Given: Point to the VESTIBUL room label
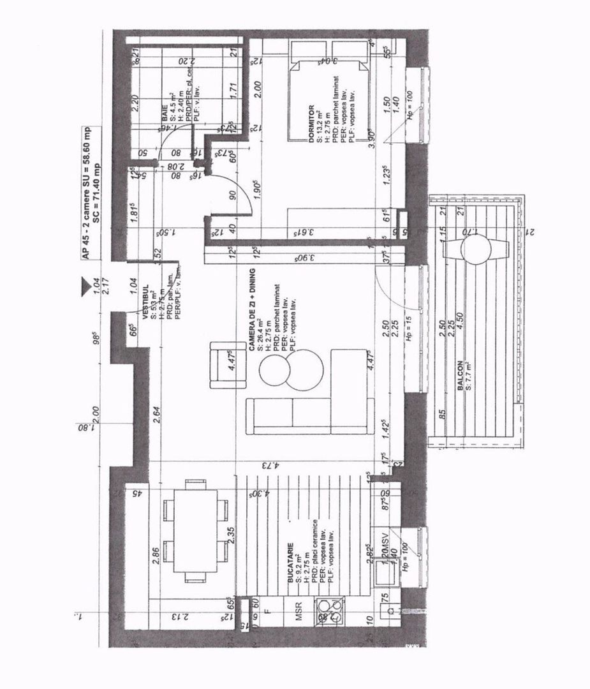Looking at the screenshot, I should click(145, 303).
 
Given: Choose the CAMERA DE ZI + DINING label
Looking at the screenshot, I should click(251, 319).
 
